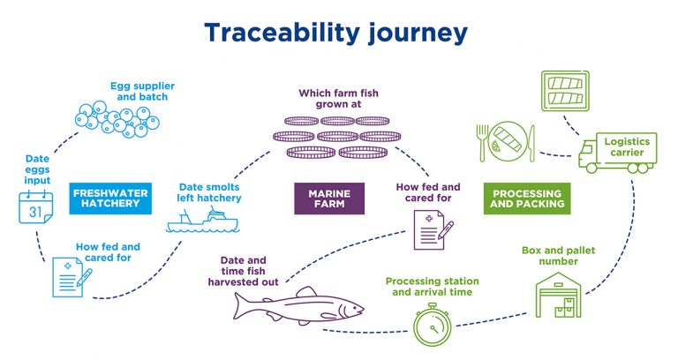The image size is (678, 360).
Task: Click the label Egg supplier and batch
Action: (x=142, y=92)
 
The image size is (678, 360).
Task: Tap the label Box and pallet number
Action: (x=554, y=255)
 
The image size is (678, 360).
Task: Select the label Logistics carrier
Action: (x=629, y=146)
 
